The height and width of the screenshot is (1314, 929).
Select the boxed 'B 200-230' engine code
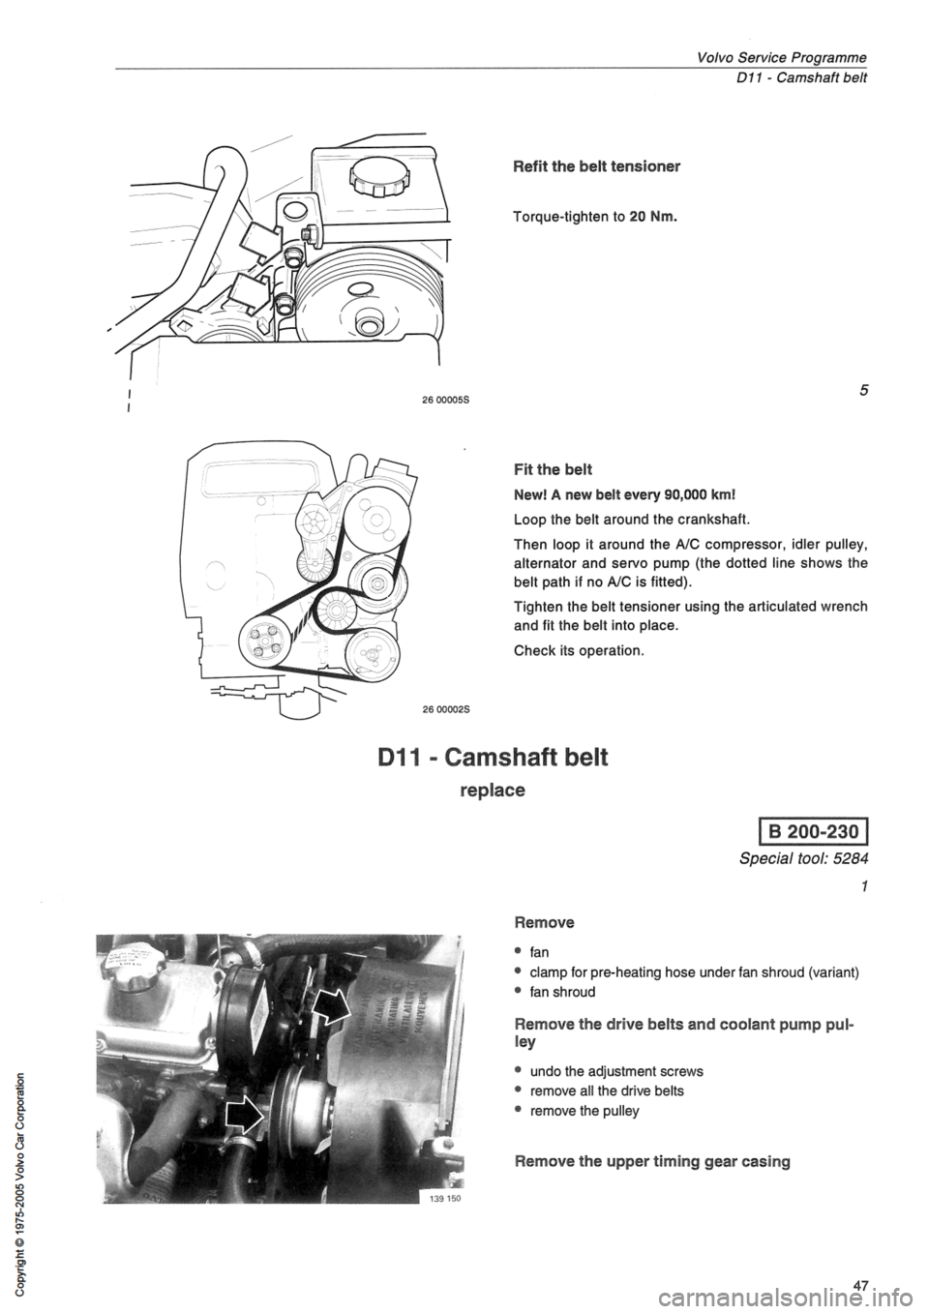pyautogui.click(x=821, y=834)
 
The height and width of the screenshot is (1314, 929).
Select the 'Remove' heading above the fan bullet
pyautogui.click(x=542, y=922)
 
